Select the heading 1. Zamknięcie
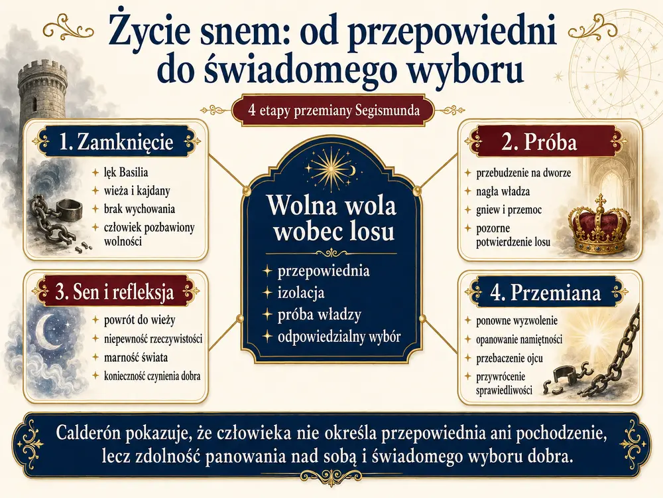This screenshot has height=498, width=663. tap(116, 142)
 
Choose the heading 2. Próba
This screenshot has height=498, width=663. tap(539, 142)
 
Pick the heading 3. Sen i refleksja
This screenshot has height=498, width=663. tap(115, 291)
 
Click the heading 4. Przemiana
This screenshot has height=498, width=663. tap(546, 292)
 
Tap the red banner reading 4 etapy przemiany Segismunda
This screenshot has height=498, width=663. tap(333, 111)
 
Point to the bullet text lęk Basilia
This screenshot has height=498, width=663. tap(126, 173)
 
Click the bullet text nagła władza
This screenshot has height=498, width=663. tap(503, 191)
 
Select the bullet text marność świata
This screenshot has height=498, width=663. tap(136, 357)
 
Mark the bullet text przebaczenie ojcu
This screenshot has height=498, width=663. tap(509, 359)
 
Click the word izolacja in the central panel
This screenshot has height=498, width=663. tap(300, 293)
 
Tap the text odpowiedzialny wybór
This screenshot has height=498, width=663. tap(339, 337)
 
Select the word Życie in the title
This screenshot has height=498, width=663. tap(146, 31)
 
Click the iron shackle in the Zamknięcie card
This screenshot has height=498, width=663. tap(68, 210)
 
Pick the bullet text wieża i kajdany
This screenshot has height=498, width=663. tap(137, 191)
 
